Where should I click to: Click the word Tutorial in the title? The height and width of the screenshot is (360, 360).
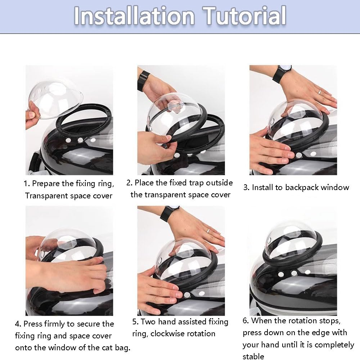(x=244, y=15)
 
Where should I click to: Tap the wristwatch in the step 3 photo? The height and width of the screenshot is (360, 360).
(x=282, y=73)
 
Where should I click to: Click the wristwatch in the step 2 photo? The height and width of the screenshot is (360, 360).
(x=143, y=80)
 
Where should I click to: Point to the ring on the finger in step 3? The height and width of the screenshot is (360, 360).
(x=320, y=92)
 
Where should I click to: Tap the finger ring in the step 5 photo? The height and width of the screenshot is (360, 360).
(x=208, y=231)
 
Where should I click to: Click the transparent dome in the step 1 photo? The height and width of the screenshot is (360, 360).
(x=55, y=98)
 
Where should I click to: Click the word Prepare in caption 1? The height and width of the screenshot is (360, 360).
(x=46, y=184)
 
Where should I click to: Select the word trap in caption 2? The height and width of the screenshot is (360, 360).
(x=196, y=183)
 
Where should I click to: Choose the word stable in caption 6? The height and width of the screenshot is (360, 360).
(x=253, y=356)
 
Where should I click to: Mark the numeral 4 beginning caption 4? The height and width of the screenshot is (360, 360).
(x=17, y=324)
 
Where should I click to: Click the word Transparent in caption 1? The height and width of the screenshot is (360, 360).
(x=46, y=196)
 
